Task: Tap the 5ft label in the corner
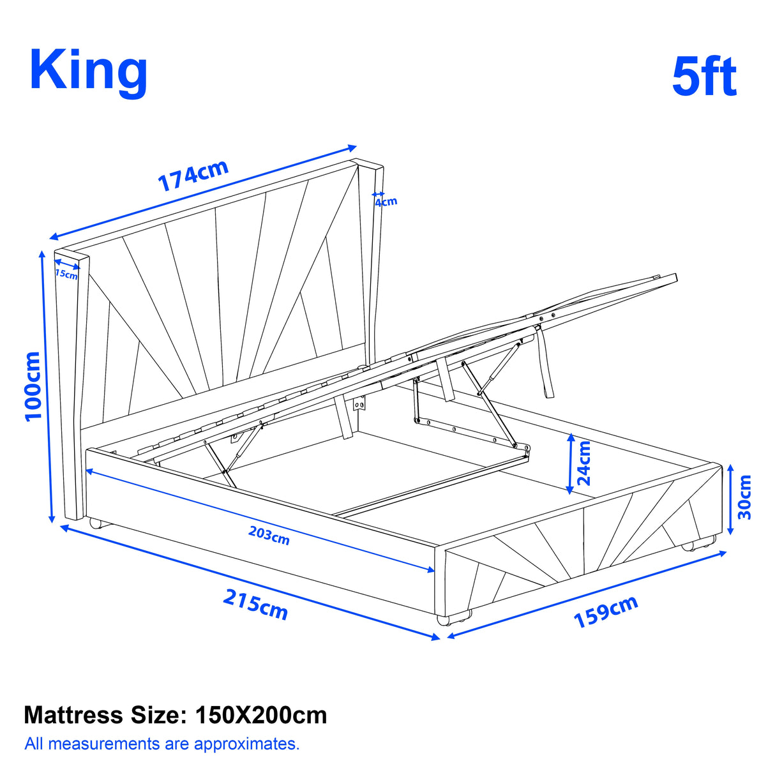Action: coord(704,77)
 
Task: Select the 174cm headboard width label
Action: coord(193,176)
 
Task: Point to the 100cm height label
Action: coord(33,386)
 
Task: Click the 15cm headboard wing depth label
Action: coord(66,274)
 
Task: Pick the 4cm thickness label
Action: coord(386,202)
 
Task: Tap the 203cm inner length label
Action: coord(269,535)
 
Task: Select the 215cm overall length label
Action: coord(255,604)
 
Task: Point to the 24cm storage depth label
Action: coord(583,463)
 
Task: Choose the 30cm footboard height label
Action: coord(744,497)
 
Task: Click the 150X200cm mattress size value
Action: coord(261,715)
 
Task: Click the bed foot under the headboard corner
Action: coord(96,523)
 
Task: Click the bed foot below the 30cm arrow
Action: coord(689,546)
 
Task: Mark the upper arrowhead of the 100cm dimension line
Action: coord(42,254)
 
